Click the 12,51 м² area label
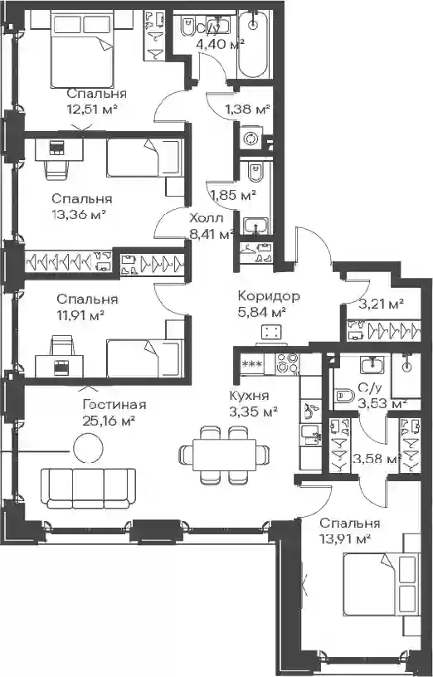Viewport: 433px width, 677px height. click(x=92, y=110)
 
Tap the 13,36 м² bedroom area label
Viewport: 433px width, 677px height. click(x=79, y=214)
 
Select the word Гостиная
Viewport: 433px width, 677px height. click(x=114, y=405)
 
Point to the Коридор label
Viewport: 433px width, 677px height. click(x=269, y=296)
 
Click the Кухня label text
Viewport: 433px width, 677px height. click(x=250, y=396)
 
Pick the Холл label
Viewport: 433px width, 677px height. click(x=207, y=219)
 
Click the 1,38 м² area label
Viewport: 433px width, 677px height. click(x=247, y=110)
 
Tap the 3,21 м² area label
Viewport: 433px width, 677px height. click(x=382, y=304)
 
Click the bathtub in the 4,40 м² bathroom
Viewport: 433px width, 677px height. click(x=255, y=45)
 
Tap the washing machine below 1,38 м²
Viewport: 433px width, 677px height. click(x=251, y=139)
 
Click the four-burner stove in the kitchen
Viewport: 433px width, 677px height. click(x=287, y=363)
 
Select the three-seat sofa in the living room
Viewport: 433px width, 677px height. click(x=88, y=488)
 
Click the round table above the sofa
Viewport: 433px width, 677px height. click(x=88, y=449)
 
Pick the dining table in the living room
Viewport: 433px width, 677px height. click(x=224, y=455)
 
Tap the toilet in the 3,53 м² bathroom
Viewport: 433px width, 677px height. click(x=344, y=395)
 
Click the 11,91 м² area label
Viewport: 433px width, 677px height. click(x=80, y=315)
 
